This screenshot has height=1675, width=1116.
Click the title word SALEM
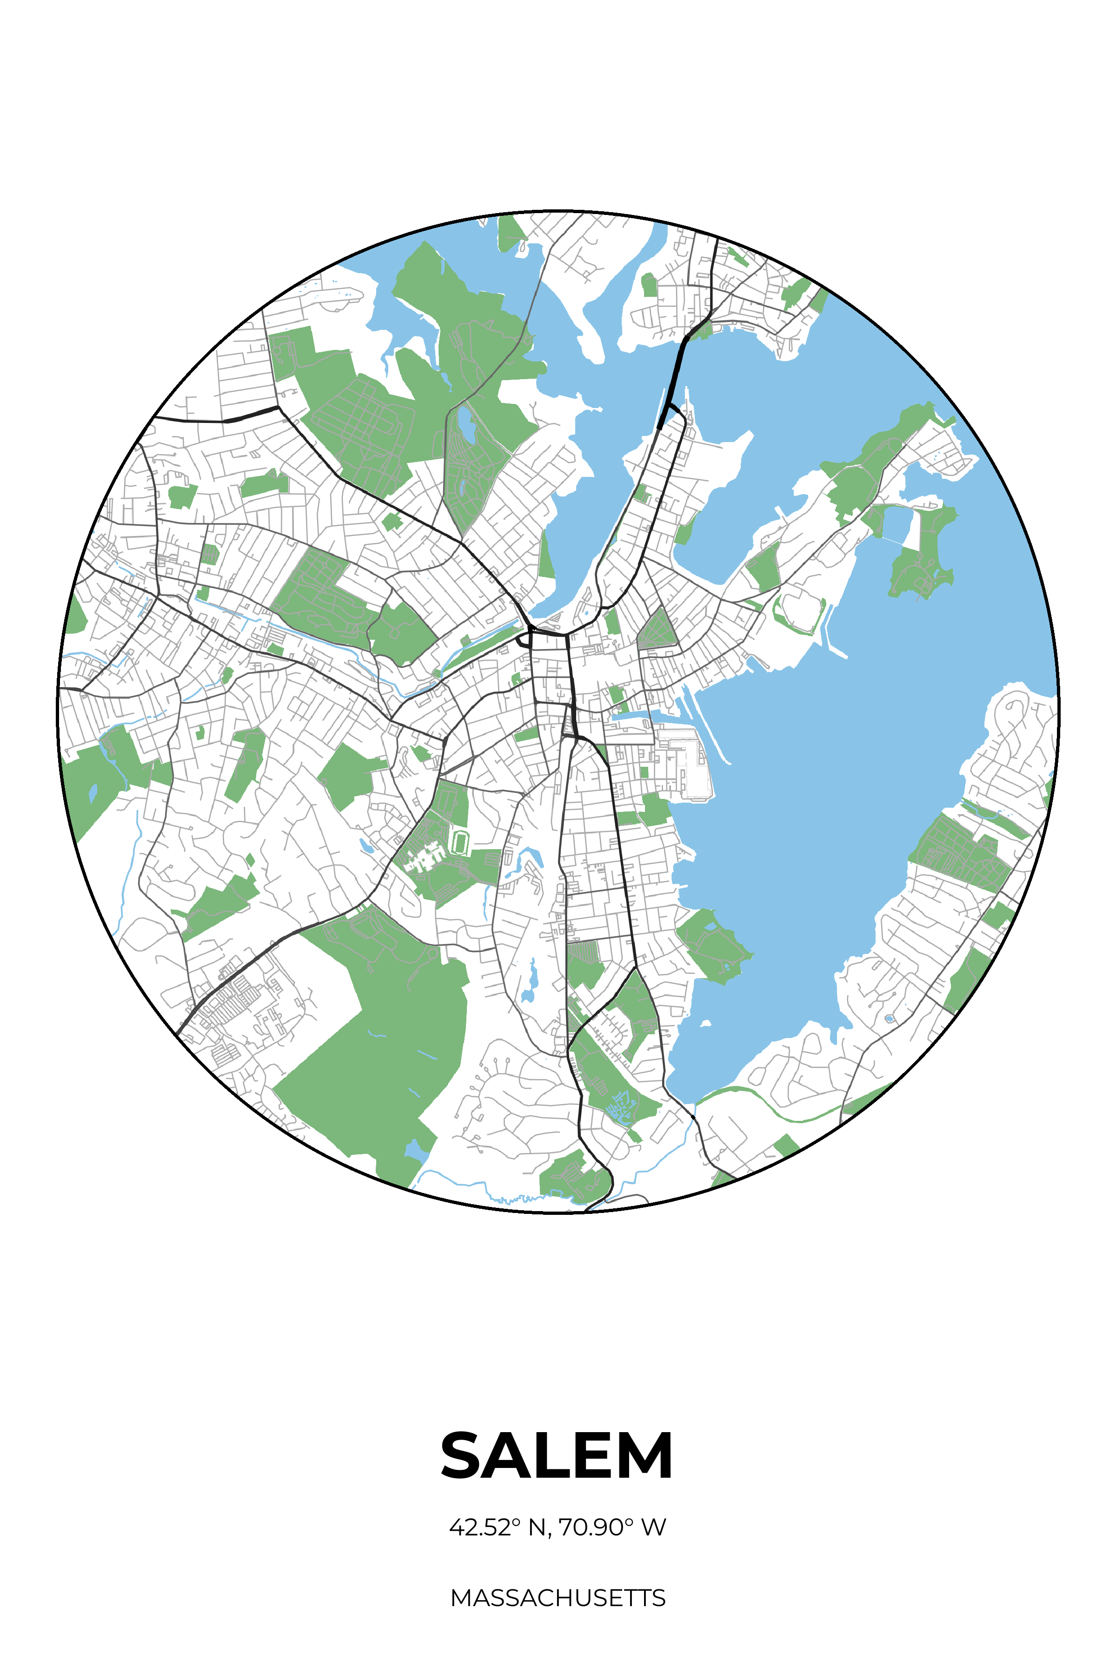557,1456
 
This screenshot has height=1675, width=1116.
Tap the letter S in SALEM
463,1456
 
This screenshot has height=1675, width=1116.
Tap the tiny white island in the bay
705,1023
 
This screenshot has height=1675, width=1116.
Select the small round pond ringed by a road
889,1019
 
